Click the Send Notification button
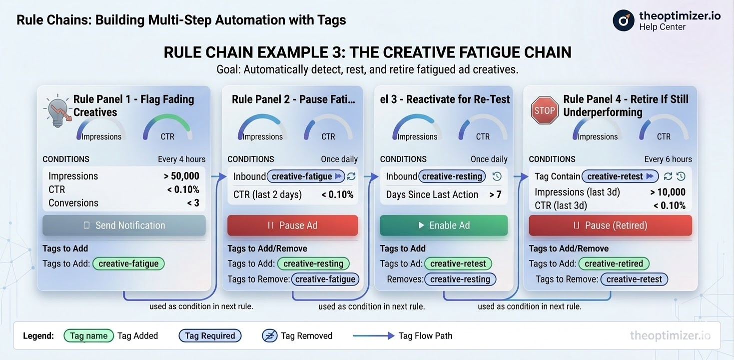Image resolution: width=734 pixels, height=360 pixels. coord(124,225)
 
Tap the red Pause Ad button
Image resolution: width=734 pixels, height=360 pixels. coord(292,225)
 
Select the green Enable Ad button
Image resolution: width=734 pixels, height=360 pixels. coord(444,225)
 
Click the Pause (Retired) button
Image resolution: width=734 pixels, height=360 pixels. coord(610,225)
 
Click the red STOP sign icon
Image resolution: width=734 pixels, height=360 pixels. coord(544,110)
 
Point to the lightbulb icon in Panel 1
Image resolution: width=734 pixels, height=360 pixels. coord(57,110)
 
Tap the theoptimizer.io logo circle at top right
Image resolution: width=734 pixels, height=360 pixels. coord(623,20)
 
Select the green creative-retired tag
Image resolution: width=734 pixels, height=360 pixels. coord(614,263)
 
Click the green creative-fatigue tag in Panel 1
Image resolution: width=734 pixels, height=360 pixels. coord(128,263)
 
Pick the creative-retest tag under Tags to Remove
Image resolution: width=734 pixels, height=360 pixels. coord(634,279)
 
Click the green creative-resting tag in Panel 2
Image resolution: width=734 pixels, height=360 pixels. coord(313,263)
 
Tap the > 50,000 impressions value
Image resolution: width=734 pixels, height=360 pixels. coord(181,176)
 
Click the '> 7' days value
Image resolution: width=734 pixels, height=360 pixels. coord(495,194)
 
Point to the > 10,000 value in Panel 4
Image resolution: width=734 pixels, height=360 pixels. coord(668,192)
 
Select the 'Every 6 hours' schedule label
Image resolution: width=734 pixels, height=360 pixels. coord(668,159)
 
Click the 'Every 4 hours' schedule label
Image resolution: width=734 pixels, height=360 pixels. coord(181,159)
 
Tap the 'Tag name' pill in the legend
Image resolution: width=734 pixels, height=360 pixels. coord(88,336)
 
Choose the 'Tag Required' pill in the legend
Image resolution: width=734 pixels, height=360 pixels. coord(210,336)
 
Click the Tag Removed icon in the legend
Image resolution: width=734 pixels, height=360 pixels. coord(269,336)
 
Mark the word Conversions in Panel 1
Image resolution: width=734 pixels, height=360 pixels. coord(73,203)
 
